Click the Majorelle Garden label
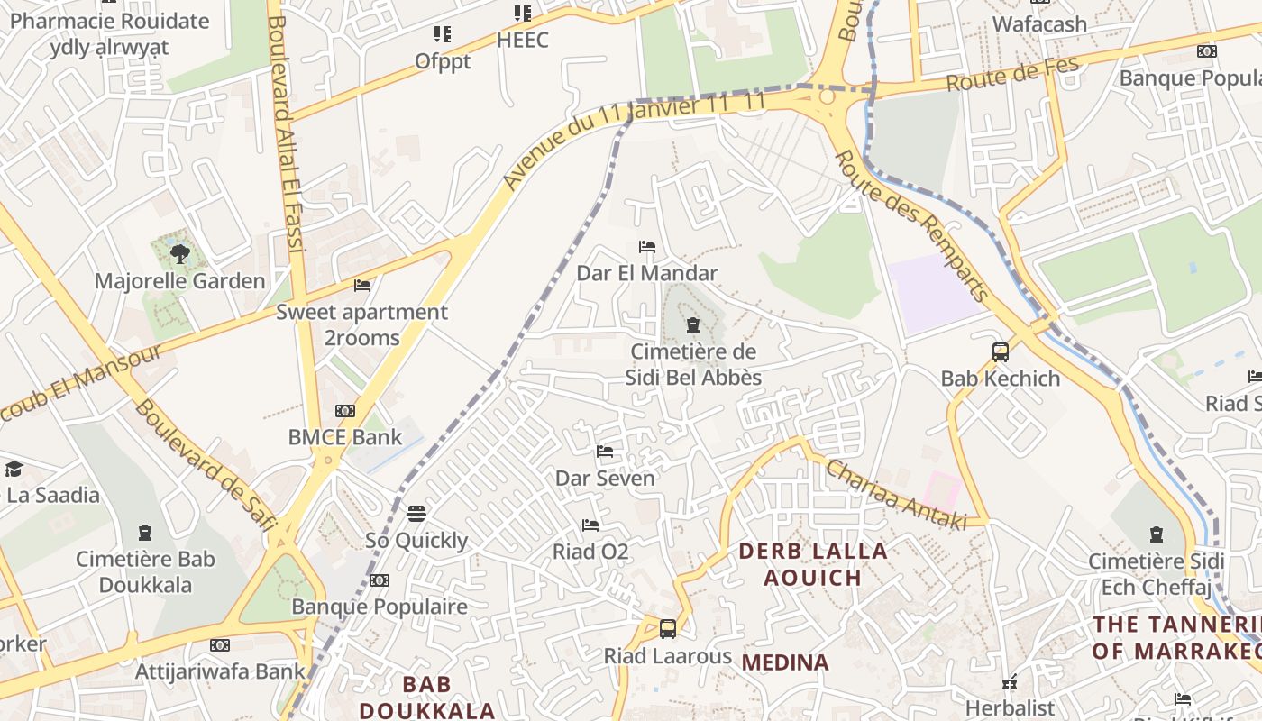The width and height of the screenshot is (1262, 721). coord(180,281)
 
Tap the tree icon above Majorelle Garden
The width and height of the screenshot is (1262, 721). coord(180,254)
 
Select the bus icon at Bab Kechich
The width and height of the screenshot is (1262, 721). coord(1001,352)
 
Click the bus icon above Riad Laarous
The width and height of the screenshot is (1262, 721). coord(668,629)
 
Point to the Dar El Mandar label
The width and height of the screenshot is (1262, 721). coord(647,273)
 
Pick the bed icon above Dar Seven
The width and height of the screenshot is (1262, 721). coord(605,452)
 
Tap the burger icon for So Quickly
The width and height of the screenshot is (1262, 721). coord(416,514)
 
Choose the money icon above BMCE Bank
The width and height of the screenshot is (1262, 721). coord(345,411)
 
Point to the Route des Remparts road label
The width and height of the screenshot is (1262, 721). coord(911,225)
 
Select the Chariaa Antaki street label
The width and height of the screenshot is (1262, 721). coord(895,495)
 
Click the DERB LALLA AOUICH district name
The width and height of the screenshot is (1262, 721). coord(814,563)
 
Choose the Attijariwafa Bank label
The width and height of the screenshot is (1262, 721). coord(221,671)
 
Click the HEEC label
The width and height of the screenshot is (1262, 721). coord(523,41)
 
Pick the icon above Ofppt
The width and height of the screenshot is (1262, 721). coord(443,34)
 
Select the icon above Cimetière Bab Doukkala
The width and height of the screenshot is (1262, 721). coord(146,533)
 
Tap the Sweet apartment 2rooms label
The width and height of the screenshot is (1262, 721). coord(361,324)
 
